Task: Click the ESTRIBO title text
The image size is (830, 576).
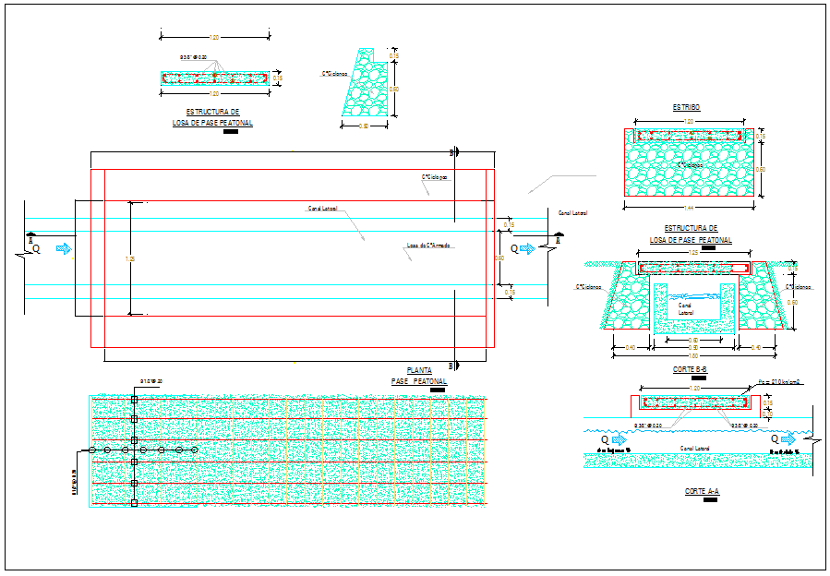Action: pos(686,108)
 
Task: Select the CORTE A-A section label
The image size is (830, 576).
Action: pos(702,492)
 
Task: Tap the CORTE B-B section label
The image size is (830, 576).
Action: pos(691,368)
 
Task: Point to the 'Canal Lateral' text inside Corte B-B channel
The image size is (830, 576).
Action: pos(685,308)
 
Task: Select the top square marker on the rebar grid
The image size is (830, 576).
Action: pos(135,399)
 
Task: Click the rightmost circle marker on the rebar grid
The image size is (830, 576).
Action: pos(195,450)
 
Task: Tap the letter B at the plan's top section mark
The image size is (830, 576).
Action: pos(451,151)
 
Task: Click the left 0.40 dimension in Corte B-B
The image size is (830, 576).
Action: pos(631,347)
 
